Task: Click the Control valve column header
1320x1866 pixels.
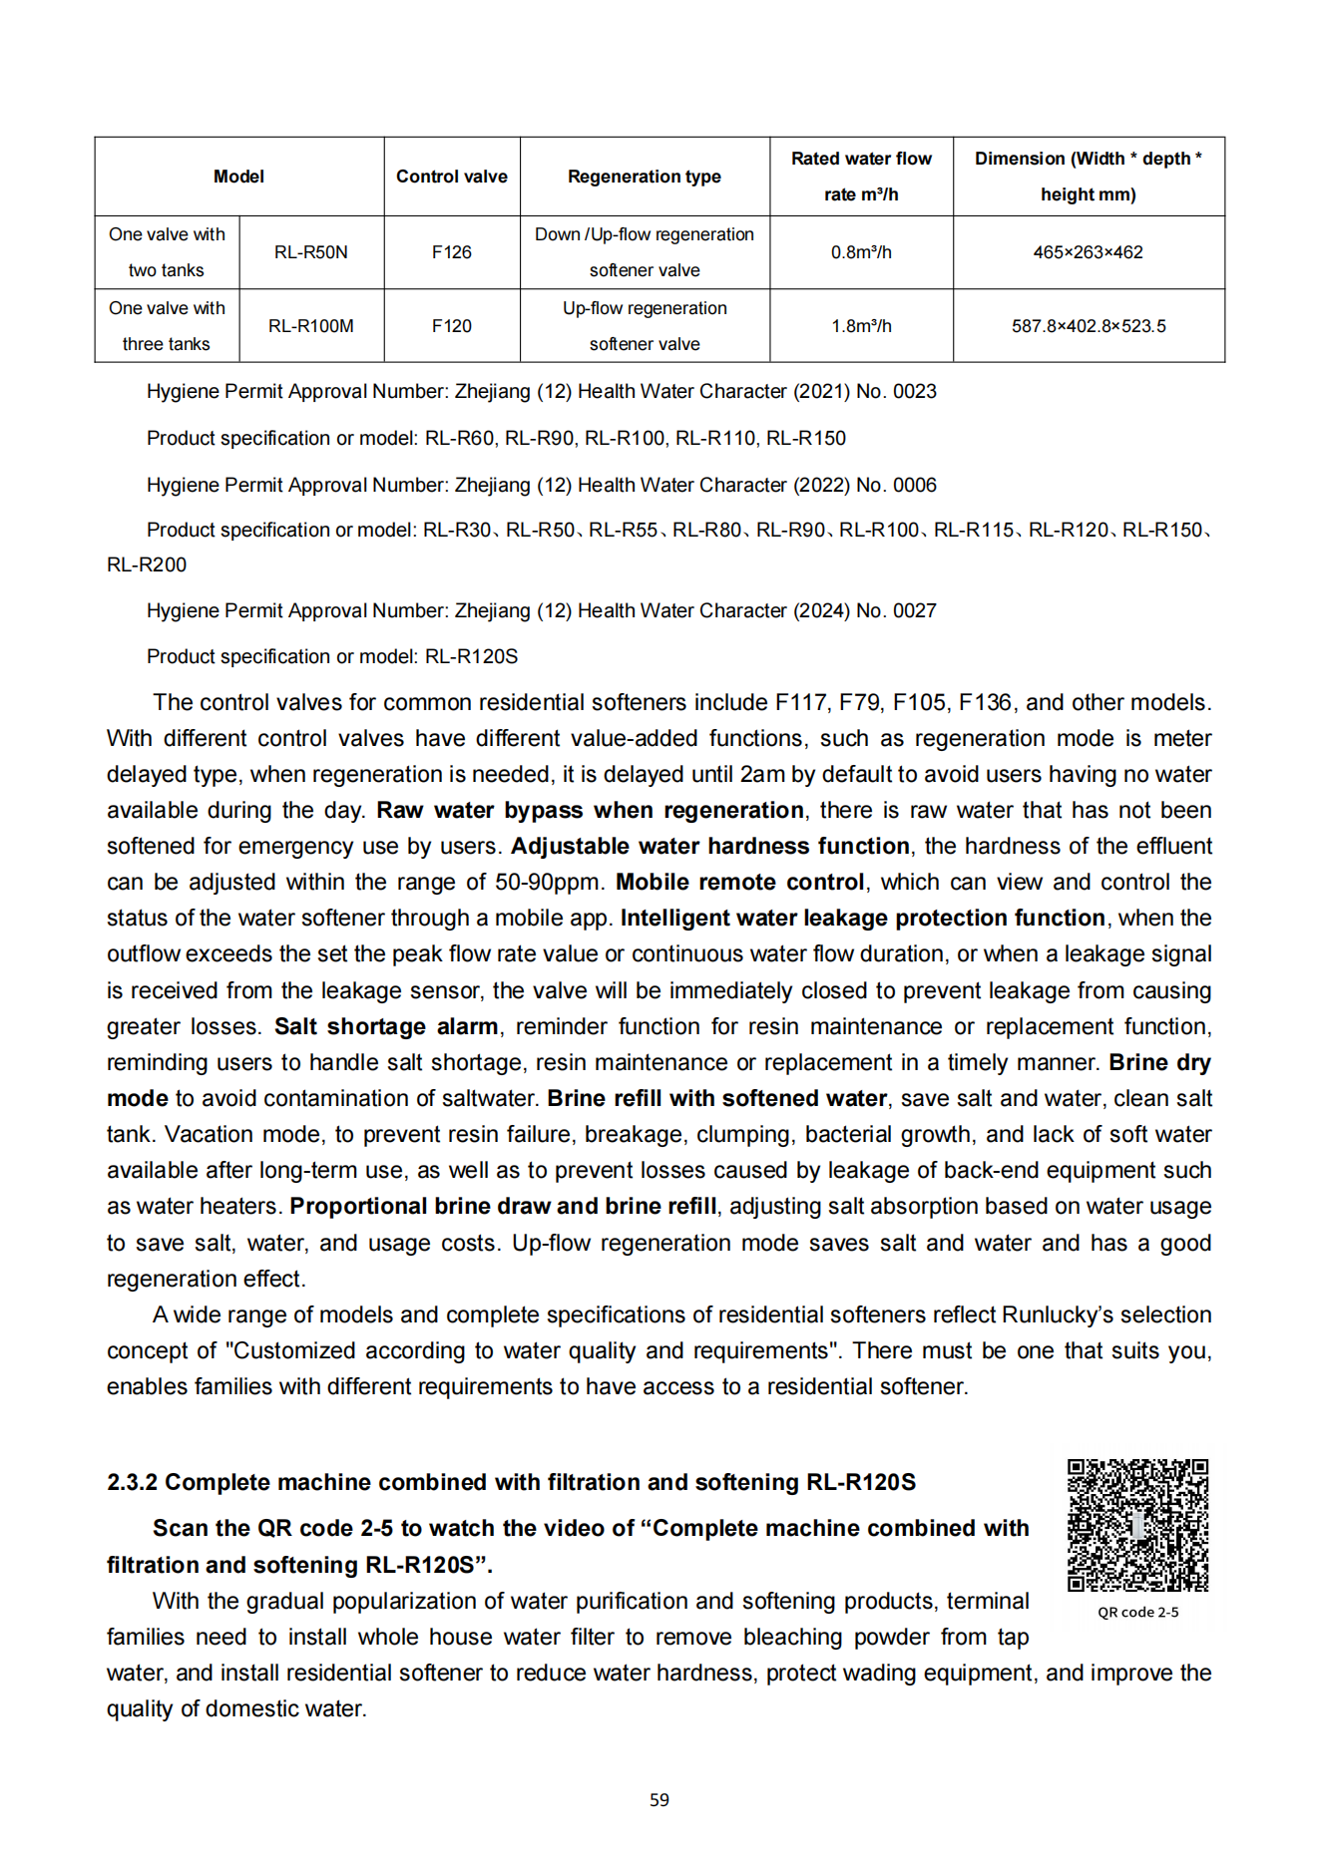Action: (451, 177)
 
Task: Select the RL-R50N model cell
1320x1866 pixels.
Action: (311, 252)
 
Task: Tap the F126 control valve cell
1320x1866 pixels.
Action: (451, 252)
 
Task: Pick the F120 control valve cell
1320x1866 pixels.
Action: (451, 326)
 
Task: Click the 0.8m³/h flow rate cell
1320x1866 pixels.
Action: (861, 252)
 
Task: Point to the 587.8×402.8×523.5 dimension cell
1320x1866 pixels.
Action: (1089, 326)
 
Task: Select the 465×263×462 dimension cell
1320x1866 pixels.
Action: (1088, 252)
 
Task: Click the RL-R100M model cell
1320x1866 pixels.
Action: (311, 326)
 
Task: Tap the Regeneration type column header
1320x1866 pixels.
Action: (645, 177)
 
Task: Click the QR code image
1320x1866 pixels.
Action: (1137, 1525)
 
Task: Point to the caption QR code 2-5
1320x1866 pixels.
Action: (1137, 1613)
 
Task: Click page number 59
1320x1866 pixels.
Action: (660, 1800)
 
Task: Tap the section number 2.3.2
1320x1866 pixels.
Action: (132, 1482)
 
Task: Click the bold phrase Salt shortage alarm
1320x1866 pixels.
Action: (386, 1026)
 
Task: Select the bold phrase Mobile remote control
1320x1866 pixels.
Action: (739, 883)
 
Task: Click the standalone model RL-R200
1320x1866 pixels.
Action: (147, 564)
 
